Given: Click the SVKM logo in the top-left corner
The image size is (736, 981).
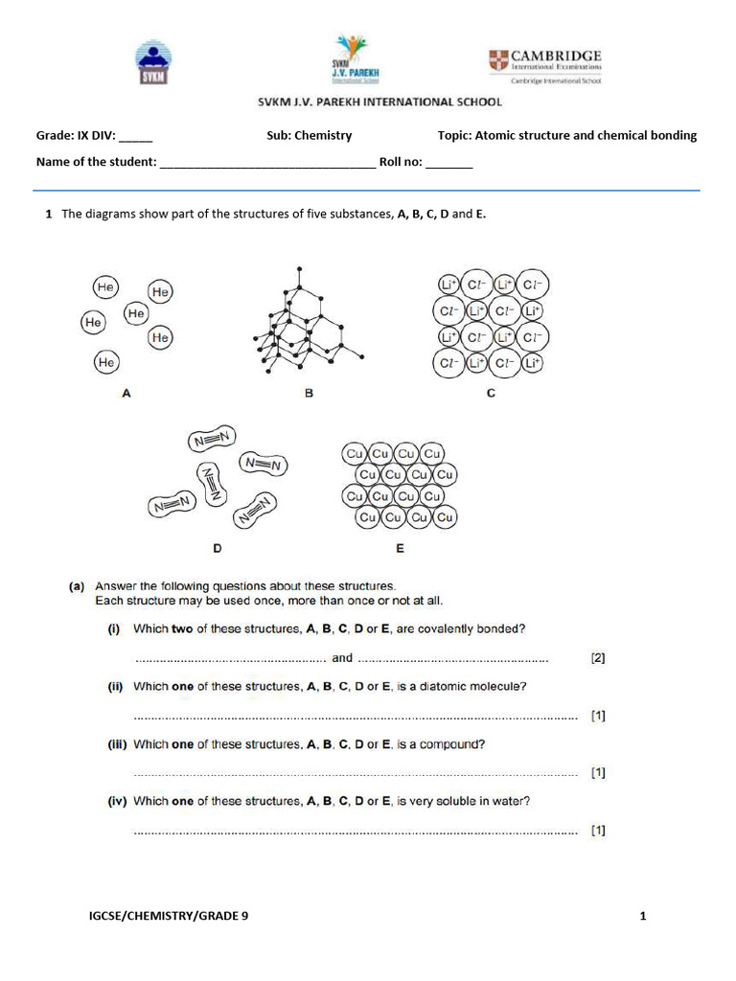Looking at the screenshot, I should coord(154,63).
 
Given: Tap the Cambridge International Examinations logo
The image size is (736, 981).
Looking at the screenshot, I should coord(545,65).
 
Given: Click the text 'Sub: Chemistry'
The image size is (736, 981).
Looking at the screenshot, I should coord(309,135).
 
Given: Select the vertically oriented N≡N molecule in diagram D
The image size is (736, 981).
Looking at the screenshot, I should coord(212,484).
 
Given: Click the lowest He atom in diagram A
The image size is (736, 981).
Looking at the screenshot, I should coord(106,363).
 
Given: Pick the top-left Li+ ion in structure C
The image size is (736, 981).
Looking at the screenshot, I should coord(448,285).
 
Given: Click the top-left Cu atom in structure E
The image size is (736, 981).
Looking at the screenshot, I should coord(355,453).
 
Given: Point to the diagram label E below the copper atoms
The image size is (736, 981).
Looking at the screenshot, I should coord(399,549).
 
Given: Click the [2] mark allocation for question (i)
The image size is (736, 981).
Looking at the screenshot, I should coord(598,658).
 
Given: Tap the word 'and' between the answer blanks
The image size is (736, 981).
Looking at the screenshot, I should coord(342,658).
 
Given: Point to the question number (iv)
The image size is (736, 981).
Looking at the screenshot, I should coord(116,802).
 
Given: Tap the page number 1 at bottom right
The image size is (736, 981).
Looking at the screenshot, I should coord(643,916).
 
